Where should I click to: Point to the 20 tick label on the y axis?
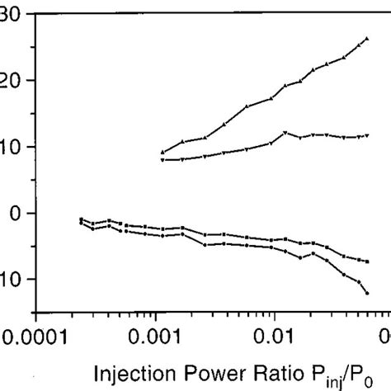(13, 80)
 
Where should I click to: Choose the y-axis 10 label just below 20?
(13, 147)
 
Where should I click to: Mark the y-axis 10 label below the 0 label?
(13, 279)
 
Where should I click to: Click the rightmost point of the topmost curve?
(366, 39)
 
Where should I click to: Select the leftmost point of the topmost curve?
(163, 153)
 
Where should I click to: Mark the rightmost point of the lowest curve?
(366, 293)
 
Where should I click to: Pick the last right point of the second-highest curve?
(366, 135)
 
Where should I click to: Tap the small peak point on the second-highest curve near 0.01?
(285, 133)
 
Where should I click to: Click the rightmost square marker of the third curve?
(366, 261)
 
